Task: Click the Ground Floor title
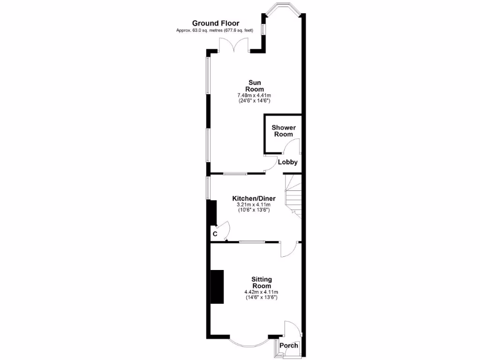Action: tap(216, 23)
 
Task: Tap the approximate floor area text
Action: tap(215, 30)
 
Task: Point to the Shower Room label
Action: tap(284, 131)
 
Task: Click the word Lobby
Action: tap(288, 162)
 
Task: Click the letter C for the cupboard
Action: tap(215, 233)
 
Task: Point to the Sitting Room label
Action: tap(262, 283)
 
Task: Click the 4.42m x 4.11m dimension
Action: tap(262, 292)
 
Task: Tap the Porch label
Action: tap(289, 346)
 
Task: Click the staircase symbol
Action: tap(292, 193)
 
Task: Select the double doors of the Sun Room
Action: tap(234, 45)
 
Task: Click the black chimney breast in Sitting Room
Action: tap(217, 287)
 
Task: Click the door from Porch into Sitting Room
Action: tap(291, 328)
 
